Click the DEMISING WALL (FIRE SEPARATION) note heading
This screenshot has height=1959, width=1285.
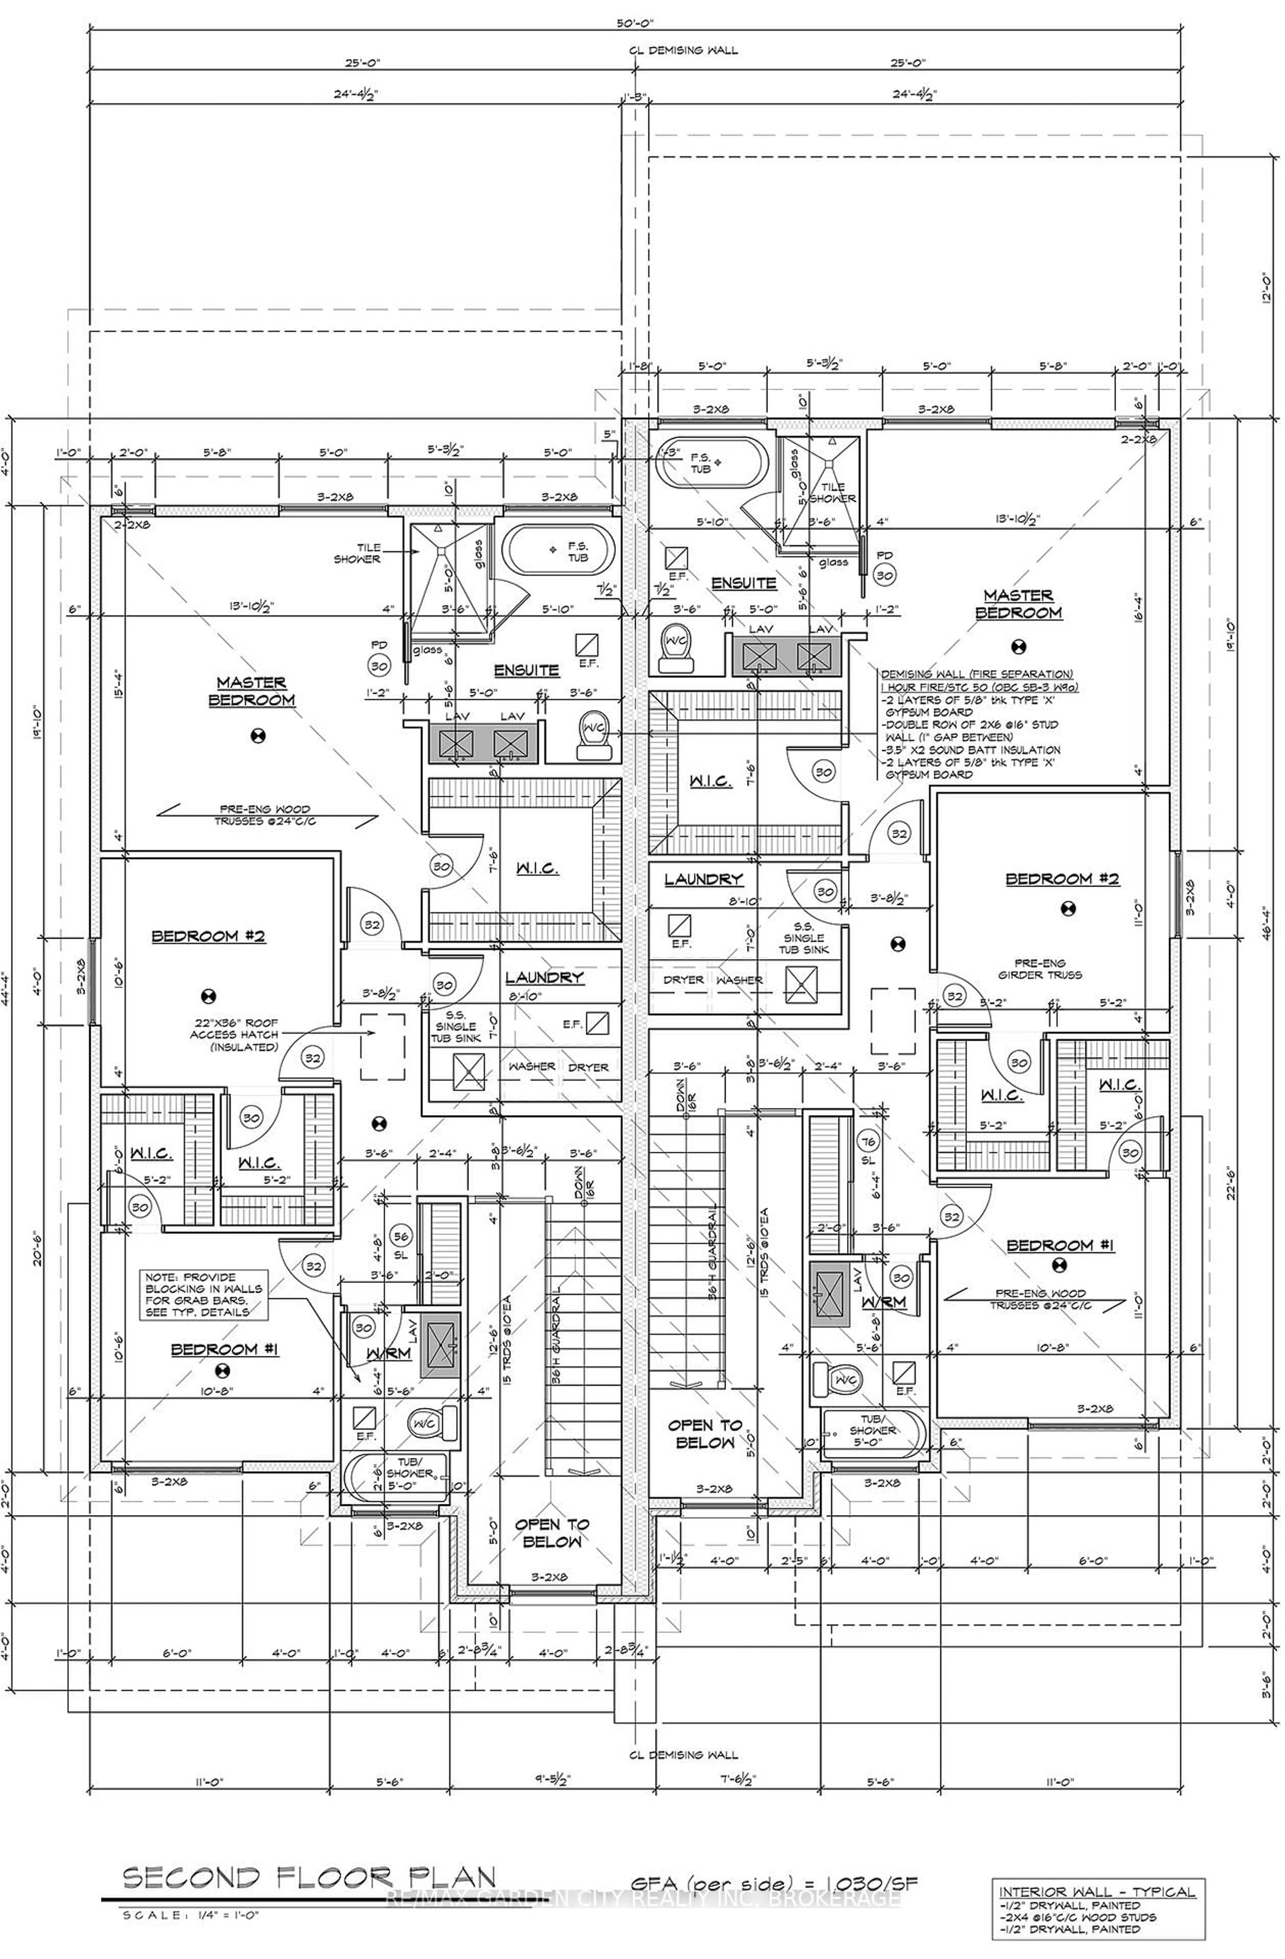976,674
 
